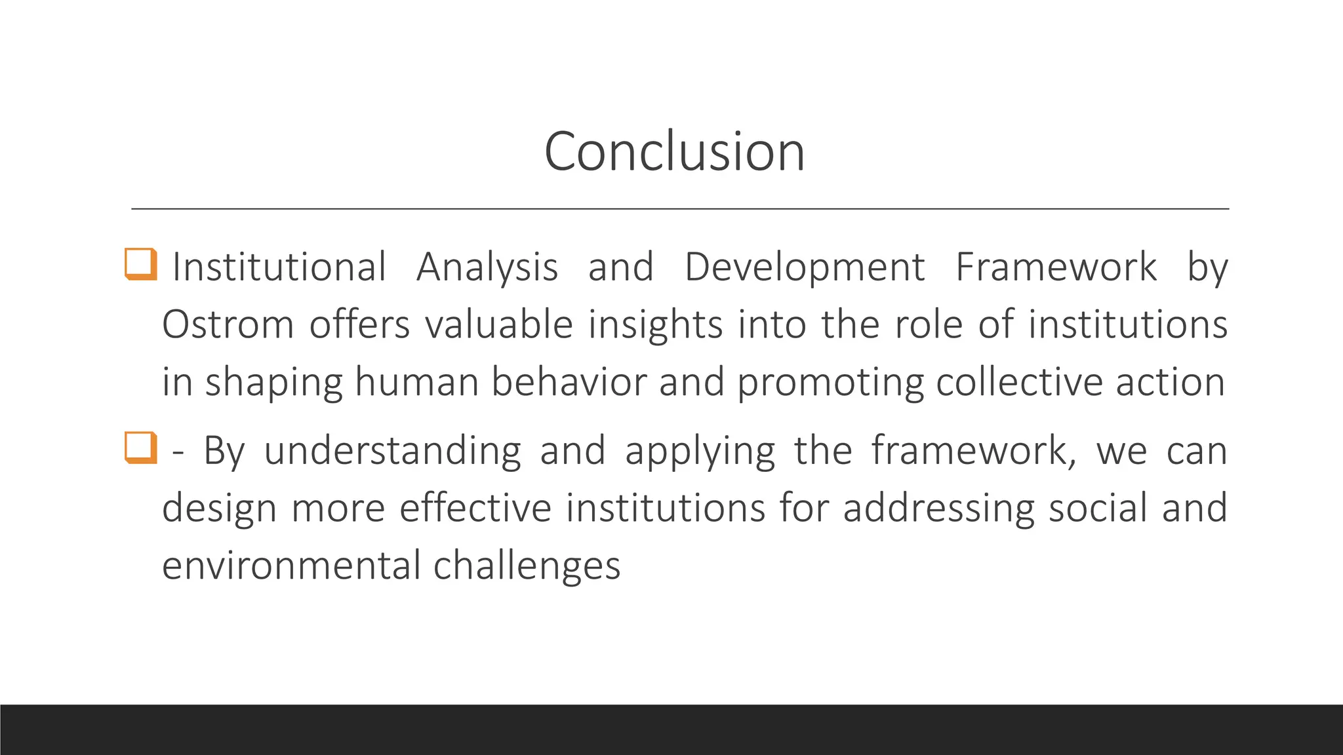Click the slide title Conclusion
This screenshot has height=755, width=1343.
point(674,151)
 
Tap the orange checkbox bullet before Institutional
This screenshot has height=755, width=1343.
point(141,264)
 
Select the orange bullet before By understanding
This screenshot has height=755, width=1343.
point(141,448)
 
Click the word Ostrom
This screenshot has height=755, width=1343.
point(228,324)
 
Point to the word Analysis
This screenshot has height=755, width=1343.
point(487,267)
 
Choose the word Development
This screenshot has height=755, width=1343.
point(805,267)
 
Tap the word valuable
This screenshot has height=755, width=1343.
point(499,324)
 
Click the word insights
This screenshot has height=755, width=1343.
point(655,324)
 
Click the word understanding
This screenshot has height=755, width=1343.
point(392,451)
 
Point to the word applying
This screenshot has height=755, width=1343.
point(700,451)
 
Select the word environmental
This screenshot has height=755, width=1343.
point(291,566)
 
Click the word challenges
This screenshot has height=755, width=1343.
point(527,566)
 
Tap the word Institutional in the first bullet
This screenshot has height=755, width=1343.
point(279,267)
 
